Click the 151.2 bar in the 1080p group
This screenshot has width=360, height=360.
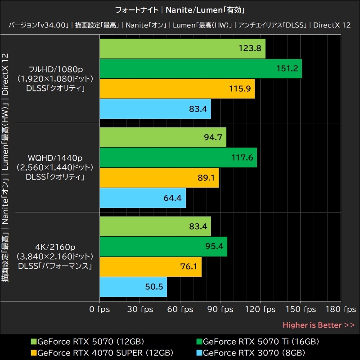(x=200, y=68)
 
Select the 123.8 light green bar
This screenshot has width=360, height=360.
(x=182, y=49)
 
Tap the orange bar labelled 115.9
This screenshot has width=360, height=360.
(x=177, y=89)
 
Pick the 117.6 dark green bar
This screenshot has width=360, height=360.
(x=178, y=157)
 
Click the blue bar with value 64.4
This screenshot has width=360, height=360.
(x=142, y=198)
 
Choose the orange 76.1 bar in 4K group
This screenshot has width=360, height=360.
(x=150, y=267)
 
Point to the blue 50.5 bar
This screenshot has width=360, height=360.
(x=133, y=287)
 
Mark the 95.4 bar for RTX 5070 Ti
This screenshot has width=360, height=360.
(x=163, y=247)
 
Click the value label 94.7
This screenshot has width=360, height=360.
(x=213, y=137)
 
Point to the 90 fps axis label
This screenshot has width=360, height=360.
(x=220, y=310)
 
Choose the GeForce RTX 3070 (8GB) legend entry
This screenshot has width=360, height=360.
(x=254, y=352)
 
